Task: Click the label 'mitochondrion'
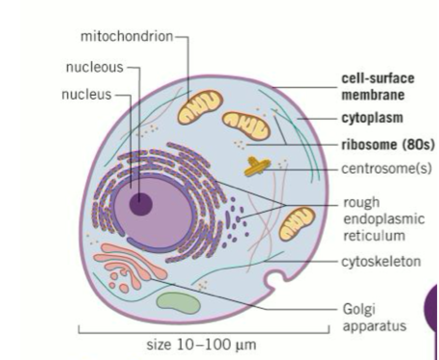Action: coord(126,37)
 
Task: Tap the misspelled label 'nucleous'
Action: coord(94,67)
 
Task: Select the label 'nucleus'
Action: coord(86,95)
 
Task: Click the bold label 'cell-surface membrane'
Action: coord(378,86)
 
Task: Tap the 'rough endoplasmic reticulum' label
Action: coord(383,219)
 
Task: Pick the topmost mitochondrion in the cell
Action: coord(201,106)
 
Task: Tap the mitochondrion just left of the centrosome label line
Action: coord(245,126)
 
